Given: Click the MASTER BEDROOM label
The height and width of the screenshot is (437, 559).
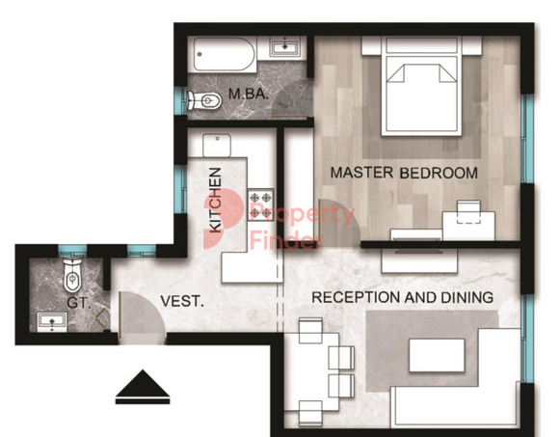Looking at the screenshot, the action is tap(404, 173).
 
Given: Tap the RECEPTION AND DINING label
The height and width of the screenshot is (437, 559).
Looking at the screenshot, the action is tap(403, 297).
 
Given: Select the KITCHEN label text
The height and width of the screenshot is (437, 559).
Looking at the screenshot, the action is tap(215, 200).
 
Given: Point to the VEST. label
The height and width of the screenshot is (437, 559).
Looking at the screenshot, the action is tap(182, 301).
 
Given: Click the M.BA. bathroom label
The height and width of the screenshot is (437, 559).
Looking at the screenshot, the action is tap(249, 94).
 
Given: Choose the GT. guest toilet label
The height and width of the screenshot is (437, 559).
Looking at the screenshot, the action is tap(79, 303).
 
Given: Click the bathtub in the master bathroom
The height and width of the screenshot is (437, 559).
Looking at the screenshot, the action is tap(225, 54).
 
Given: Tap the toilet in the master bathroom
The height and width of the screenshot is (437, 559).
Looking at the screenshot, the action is tap(204, 101).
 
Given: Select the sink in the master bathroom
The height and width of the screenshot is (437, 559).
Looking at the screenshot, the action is tap(284, 46).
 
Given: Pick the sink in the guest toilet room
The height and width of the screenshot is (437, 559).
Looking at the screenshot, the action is tap(52, 322).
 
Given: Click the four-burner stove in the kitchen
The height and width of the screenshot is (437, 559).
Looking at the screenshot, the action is tap(261, 205).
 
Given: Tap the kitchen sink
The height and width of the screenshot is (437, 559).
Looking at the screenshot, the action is tap(217, 146).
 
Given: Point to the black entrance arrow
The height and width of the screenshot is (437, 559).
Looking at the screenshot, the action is tap(143, 387).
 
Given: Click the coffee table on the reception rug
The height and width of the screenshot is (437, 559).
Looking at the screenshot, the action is tap(437, 355).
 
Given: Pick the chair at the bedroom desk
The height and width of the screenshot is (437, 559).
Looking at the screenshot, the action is tap(468, 212).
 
